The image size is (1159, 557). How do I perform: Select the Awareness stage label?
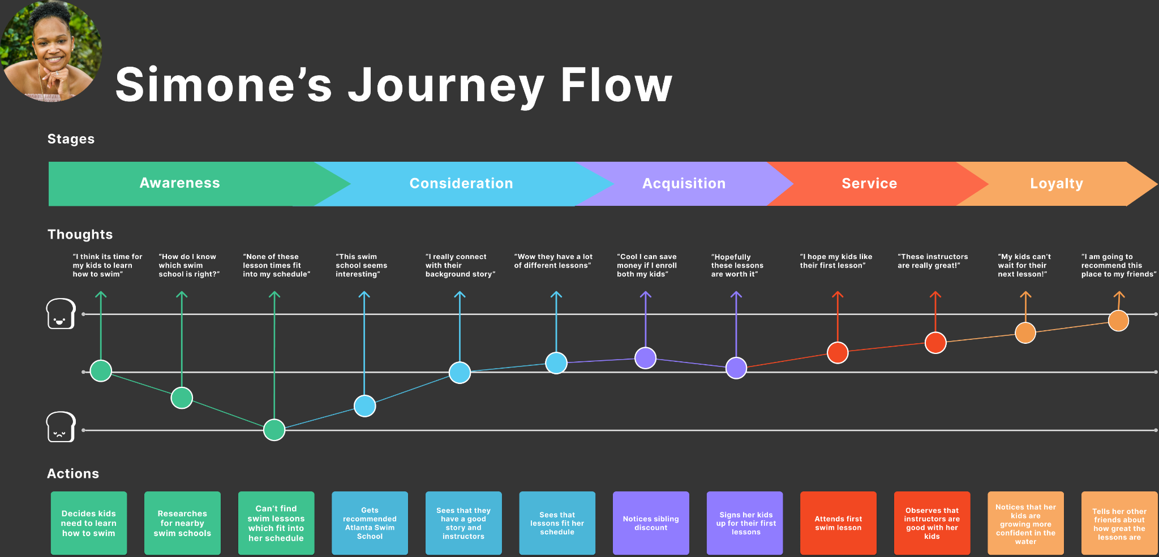point(180,183)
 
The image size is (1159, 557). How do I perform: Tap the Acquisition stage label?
point(684,184)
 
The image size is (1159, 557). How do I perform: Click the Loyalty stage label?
point(1056,184)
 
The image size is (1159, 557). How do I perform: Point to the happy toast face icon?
point(61,314)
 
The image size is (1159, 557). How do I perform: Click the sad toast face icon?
point(61,427)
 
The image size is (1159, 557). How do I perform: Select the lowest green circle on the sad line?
point(274,430)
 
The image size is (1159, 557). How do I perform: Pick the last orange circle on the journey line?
point(1118,321)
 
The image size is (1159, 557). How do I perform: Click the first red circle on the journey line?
point(838,352)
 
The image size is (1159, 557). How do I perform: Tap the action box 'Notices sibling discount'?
point(651,523)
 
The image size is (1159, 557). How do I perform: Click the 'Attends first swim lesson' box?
point(838,523)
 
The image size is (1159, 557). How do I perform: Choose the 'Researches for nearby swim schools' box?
point(182,523)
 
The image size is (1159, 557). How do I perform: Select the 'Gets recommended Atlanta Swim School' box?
point(370,523)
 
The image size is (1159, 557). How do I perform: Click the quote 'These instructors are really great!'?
point(932,261)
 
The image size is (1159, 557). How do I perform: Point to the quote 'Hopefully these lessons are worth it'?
point(737,265)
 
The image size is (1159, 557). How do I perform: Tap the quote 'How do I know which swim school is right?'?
point(188,265)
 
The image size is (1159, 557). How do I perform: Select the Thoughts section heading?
point(80,234)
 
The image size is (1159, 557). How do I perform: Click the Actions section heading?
point(73,473)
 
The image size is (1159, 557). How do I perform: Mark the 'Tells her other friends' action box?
point(1119,523)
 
